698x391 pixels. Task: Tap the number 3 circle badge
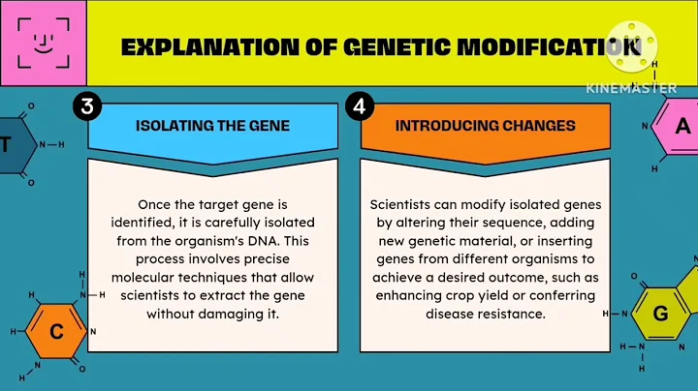tap(86, 108)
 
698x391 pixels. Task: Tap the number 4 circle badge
tap(359, 108)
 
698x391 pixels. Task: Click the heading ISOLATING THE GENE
tap(198, 126)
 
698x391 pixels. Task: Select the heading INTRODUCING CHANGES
tap(485, 126)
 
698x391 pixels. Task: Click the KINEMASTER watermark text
tap(631, 87)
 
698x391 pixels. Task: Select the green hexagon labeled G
tap(660, 314)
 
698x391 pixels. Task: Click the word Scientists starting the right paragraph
tap(403, 205)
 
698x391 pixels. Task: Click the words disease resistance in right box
tap(486, 315)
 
